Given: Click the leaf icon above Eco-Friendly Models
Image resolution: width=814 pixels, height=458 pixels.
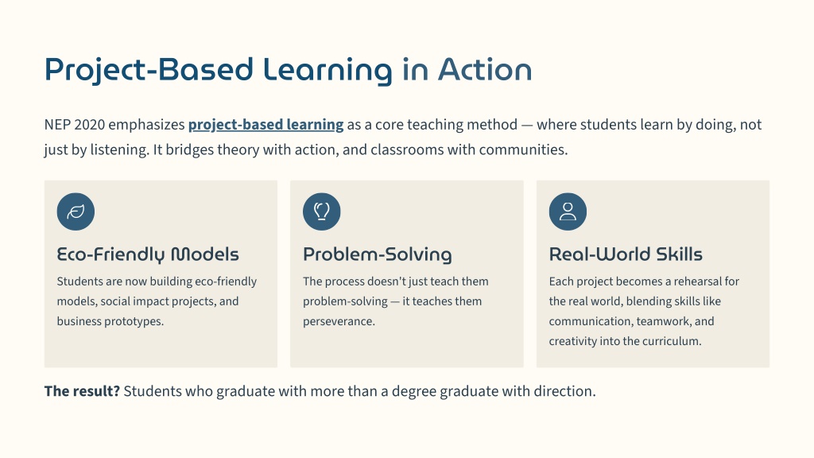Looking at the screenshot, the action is tap(76, 212).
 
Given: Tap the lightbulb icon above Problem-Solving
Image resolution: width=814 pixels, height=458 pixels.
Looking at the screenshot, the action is tap(322, 212).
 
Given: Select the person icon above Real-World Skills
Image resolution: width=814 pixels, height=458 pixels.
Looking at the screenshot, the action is tap(568, 212).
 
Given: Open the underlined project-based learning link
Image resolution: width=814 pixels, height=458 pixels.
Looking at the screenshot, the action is tap(266, 125).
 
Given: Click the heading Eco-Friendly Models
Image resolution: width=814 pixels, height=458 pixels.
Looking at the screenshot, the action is tap(148, 254).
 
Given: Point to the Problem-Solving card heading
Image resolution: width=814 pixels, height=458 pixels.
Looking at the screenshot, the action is tap(378, 254).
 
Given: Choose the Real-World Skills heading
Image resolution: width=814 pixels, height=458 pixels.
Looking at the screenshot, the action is tap(626, 254).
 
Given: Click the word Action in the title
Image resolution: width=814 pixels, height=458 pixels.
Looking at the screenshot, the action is tap(485, 70).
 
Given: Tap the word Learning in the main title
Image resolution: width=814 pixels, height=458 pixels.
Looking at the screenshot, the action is tap(328, 71).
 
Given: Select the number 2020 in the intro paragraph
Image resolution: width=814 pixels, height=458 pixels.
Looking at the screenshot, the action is tap(89, 125).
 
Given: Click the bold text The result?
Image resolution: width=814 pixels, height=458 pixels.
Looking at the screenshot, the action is tap(82, 391).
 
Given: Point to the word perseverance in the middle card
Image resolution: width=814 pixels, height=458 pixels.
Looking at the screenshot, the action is tap(339, 321).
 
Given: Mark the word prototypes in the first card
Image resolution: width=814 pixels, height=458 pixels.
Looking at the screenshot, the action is tap(134, 321).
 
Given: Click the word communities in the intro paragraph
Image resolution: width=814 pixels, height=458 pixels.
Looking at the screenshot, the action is tap(523, 149).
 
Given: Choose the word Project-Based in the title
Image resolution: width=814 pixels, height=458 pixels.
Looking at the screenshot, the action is tap(149, 71).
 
